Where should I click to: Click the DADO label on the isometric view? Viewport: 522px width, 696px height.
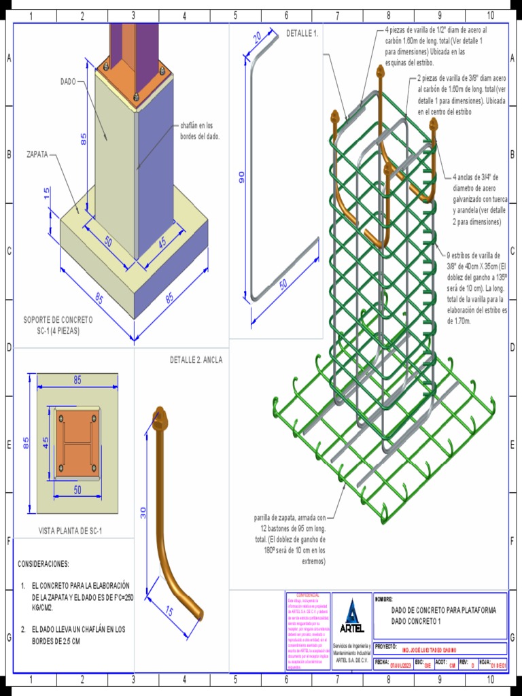pyautogui.click(x=68, y=82)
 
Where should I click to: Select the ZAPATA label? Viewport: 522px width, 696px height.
pyautogui.click(x=37, y=154)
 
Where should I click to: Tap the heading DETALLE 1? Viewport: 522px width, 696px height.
pyautogui.click(x=302, y=33)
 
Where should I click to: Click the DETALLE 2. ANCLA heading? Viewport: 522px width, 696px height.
pyautogui.click(x=196, y=360)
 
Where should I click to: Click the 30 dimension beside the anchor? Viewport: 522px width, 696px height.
pyautogui.click(x=143, y=512)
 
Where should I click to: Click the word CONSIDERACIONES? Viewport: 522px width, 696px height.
pyautogui.click(x=43, y=564)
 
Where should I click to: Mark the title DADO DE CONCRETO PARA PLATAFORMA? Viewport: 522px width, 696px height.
pyautogui.click(x=443, y=610)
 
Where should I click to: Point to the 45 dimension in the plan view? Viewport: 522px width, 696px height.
pyautogui.click(x=46, y=442)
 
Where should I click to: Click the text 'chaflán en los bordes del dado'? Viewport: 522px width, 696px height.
pyautogui.click(x=200, y=130)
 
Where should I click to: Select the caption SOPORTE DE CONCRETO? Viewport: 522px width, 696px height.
pyautogui.click(x=58, y=319)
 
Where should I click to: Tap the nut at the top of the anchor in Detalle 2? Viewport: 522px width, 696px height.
pyautogui.click(x=160, y=417)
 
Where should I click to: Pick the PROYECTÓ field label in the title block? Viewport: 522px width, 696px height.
pyautogui.click(x=385, y=646)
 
